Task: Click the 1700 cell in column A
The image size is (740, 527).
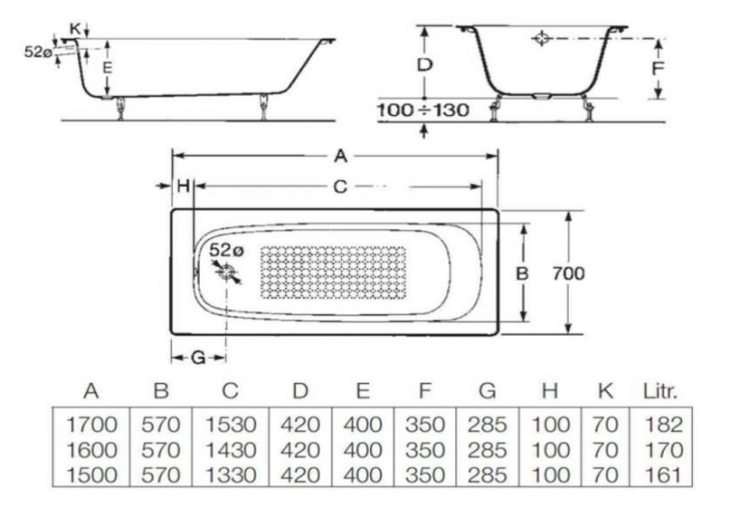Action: (x=92, y=425)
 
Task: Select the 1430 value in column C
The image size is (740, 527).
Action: (x=230, y=450)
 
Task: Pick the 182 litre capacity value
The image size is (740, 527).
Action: (x=664, y=425)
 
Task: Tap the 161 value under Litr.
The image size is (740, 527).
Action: (x=664, y=475)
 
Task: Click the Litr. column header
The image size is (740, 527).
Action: (x=660, y=391)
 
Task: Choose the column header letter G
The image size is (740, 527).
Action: (x=487, y=391)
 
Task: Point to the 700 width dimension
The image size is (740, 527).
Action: (x=568, y=273)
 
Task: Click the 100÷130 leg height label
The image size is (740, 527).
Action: (x=423, y=110)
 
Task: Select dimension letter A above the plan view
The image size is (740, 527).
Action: (x=340, y=156)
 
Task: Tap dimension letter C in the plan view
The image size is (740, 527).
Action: (x=340, y=187)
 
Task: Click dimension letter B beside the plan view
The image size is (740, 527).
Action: (x=522, y=274)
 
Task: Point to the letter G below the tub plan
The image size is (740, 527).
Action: (x=198, y=358)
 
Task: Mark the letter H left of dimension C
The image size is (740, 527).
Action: (x=184, y=186)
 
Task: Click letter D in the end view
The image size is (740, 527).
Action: (x=425, y=65)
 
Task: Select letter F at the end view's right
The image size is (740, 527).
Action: (x=658, y=69)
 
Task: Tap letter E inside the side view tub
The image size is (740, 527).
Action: (x=107, y=68)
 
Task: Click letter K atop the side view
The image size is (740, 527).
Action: (x=75, y=28)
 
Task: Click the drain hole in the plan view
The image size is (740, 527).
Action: (x=227, y=273)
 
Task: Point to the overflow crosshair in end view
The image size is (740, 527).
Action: (x=541, y=39)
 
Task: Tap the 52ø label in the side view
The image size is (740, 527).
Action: (x=39, y=51)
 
